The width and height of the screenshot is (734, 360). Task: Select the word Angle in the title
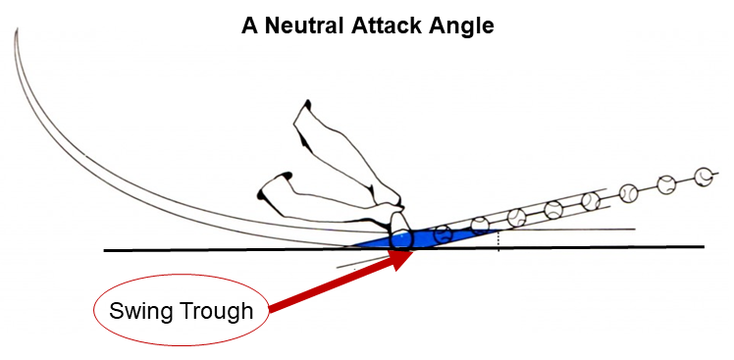pos(459,25)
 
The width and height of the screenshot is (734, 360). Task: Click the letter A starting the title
pos(249,25)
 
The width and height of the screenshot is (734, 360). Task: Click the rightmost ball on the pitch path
pos(703,177)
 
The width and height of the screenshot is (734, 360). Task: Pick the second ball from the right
pos(666,183)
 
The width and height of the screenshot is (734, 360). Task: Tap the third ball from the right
pos(629,191)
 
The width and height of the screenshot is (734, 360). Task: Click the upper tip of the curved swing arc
pos(17,33)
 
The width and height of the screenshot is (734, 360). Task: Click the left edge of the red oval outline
pos(93,313)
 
